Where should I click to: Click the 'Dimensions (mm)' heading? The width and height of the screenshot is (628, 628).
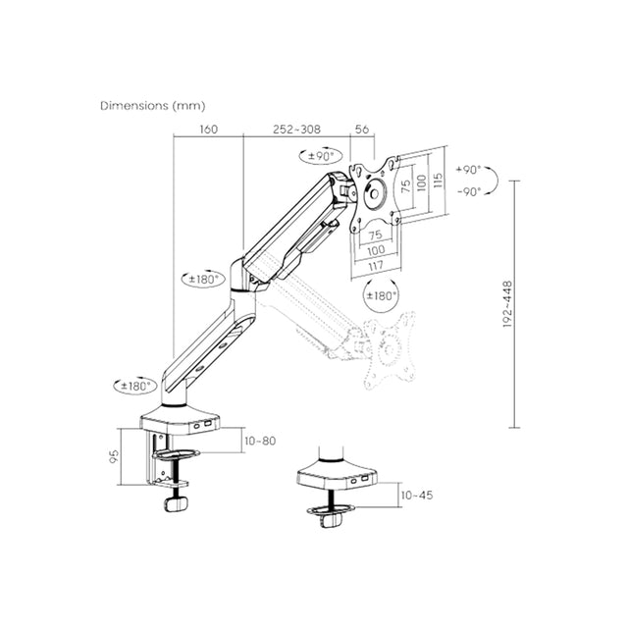click(x=152, y=104)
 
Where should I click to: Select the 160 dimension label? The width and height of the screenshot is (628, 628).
click(x=207, y=129)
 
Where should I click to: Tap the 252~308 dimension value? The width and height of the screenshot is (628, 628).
click(x=297, y=129)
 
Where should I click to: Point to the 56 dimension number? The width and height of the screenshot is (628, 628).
click(x=360, y=129)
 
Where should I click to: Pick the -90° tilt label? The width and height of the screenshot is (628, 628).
click(x=468, y=191)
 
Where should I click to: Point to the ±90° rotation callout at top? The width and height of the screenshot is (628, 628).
click(x=318, y=155)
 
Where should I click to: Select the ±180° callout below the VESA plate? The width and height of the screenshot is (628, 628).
click(x=381, y=294)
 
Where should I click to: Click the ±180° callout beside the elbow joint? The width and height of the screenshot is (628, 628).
click(x=203, y=278)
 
